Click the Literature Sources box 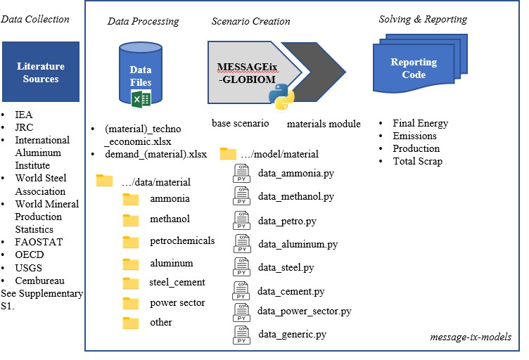coord(41,72)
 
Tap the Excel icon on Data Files coord(141,98)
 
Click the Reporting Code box coord(414,69)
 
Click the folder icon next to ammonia coord(131,199)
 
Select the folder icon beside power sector coord(131,304)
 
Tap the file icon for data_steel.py coord(242,268)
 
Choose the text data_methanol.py coord(295,196)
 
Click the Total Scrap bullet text coord(417,161)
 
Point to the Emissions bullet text coord(414,136)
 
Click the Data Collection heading coord(35,19)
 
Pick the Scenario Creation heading coord(250,21)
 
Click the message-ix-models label coord(471,337)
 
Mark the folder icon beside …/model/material coord(228,153)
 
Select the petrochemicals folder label coord(182,240)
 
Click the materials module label coord(324,124)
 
